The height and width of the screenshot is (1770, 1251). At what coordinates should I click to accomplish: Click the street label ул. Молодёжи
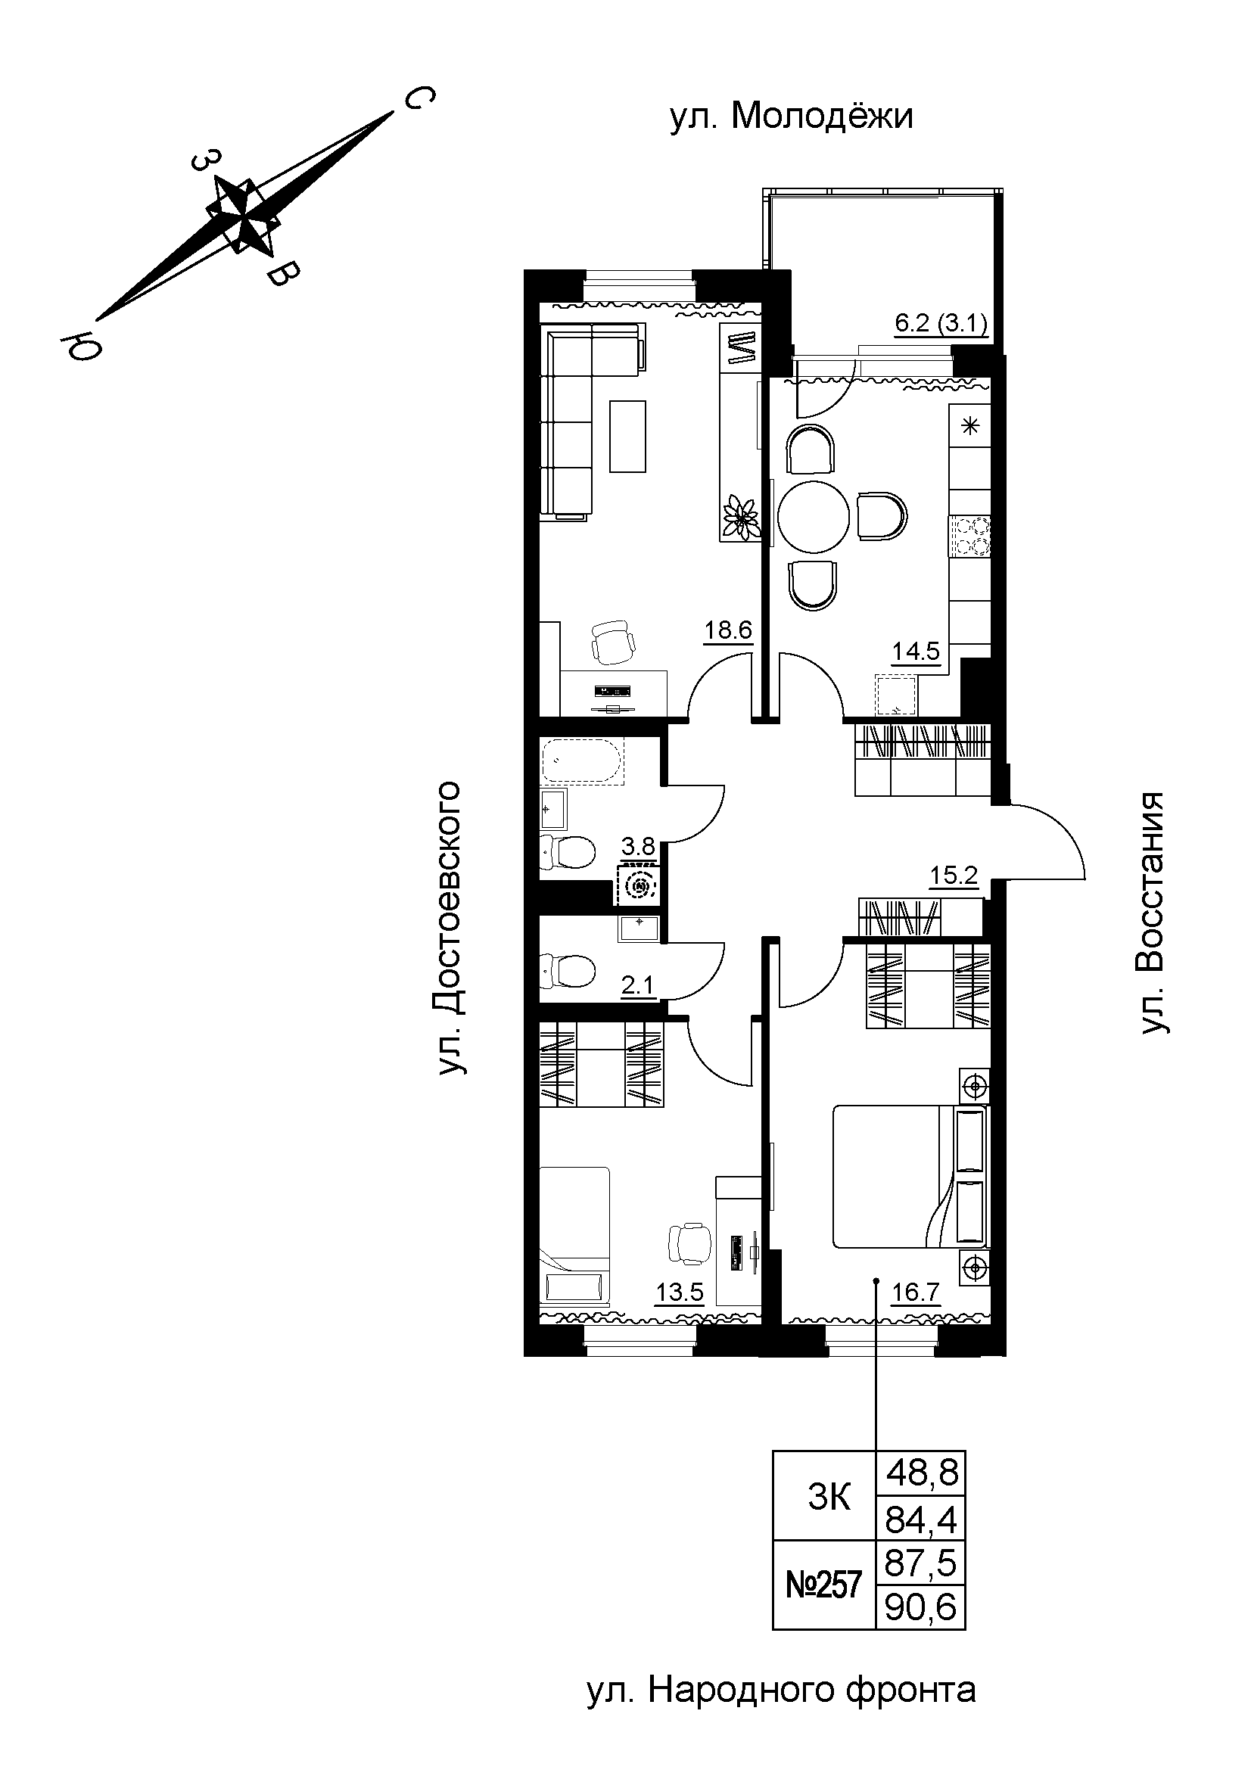[791, 117]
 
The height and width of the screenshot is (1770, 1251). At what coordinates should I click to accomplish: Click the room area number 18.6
[727, 630]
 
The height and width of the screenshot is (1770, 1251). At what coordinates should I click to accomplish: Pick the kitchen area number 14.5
[916, 652]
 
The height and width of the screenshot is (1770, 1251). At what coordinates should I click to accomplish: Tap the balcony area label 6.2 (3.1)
[941, 323]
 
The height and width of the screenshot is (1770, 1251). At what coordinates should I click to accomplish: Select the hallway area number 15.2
[954, 876]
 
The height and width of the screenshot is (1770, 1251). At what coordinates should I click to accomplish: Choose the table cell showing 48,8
[922, 1473]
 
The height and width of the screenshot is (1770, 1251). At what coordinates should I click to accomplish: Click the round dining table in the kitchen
[814, 517]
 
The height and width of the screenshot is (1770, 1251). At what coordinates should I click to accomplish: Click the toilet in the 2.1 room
[569, 971]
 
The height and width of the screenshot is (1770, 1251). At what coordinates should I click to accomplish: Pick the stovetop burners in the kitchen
[970, 535]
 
